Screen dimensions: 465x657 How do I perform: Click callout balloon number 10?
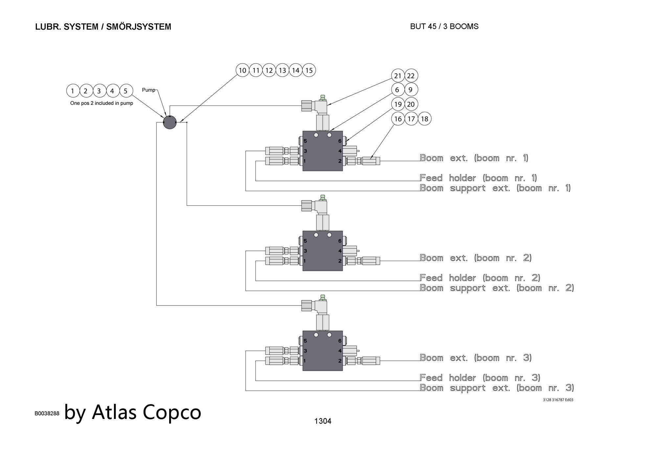coord(242,70)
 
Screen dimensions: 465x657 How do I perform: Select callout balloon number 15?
coord(309,70)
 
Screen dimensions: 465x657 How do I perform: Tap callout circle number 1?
coord(73,91)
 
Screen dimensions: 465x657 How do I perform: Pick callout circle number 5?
coord(126,91)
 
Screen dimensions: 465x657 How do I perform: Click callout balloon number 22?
coord(411,76)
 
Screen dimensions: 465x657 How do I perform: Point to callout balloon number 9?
coord(410,90)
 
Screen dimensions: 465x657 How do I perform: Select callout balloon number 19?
coord(398,104)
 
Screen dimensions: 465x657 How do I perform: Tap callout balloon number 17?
coord(411,119)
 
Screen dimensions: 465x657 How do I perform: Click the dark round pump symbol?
coord(170,122)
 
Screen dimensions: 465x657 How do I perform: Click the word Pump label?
coord(148,90)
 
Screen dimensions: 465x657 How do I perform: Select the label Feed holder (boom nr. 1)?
coord(478,178)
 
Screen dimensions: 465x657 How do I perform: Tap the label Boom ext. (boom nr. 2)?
coord(475,258)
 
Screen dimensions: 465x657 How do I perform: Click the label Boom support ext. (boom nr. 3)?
coord(497,388)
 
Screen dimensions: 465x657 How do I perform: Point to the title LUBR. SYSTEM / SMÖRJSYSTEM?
coord(103,27)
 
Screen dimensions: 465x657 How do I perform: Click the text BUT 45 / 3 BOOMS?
coord(444,27)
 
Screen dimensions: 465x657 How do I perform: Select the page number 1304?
coord(323,421)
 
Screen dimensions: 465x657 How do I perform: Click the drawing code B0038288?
coord(47,413)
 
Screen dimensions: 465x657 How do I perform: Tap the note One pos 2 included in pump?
coord(102,103)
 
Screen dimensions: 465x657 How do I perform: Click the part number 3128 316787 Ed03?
coord(558,400)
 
